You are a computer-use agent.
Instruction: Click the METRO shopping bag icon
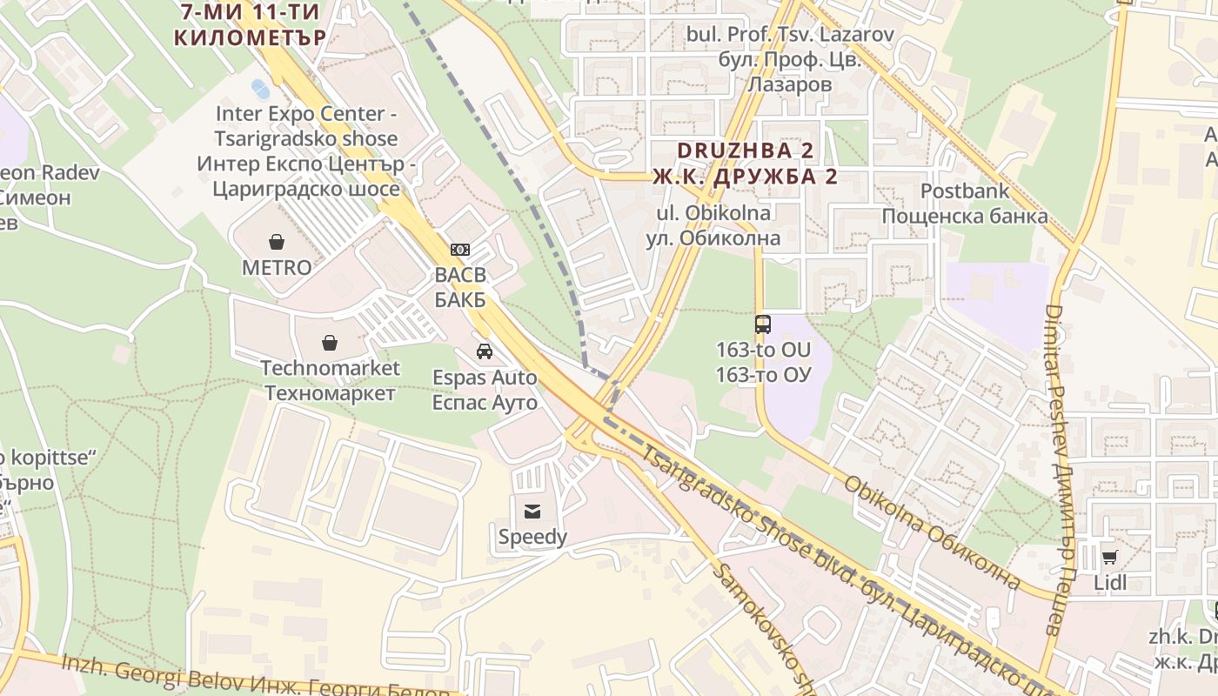coord(277,241)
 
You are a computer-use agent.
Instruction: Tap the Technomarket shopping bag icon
coord(330,342)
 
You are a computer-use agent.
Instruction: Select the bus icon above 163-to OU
coord(763,325)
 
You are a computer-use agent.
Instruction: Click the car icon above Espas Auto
coord(485,351)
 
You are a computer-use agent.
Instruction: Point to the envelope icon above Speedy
coord(532,512)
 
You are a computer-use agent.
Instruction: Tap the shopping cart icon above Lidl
coord(1109,557)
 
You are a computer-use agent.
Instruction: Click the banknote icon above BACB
coord(460,250)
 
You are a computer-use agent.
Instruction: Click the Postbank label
coord(965,191)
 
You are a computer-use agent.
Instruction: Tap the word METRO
coord(277,268)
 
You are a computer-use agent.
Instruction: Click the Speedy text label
coord(532,538)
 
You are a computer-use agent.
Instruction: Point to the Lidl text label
coord(1109,582)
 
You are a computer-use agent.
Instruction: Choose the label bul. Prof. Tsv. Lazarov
coord(790,35)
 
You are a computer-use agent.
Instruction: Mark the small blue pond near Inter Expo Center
coord(260,88)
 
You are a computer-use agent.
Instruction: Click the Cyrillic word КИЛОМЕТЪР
coord(250,37)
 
